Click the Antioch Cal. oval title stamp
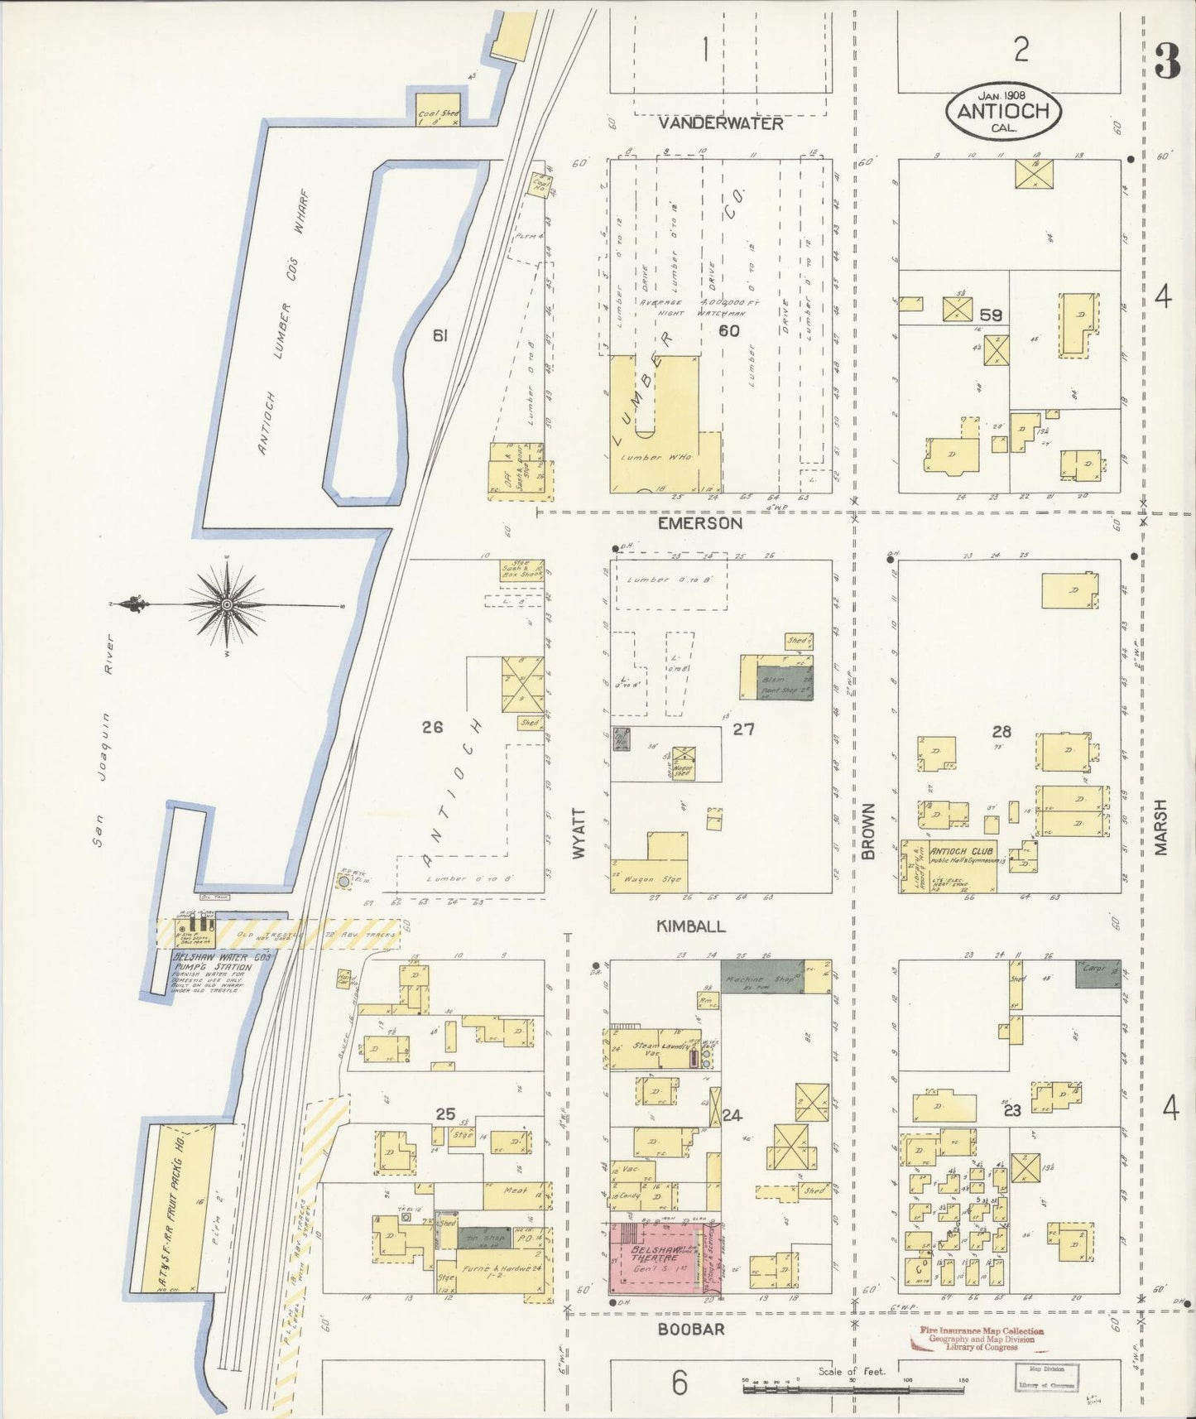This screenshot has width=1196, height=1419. (1002, 112)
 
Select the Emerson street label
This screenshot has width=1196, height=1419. (700, 523)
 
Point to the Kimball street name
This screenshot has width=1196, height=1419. (691, 926)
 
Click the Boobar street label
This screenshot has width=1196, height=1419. (691, 1329)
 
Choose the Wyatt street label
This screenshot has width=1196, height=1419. (579, 833)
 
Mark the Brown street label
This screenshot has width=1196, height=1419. (867, 830)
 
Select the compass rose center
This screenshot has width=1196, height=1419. (226, 605)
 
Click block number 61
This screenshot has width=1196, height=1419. (439, 335)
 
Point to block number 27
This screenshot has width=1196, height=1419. (743, 729)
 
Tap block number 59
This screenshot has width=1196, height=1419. (990, 315)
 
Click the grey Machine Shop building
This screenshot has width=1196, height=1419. (761, 977)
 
